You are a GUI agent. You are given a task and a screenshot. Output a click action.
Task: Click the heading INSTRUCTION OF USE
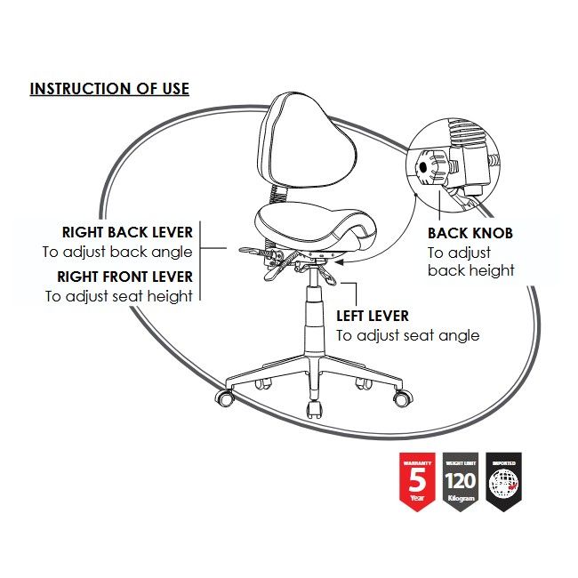click(109, 89)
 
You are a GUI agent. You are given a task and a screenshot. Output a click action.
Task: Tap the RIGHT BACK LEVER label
click(127, 232)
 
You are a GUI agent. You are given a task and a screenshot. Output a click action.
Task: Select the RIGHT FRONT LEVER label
click(124, 276)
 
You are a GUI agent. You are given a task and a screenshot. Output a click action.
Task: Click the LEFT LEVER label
click(373, 316)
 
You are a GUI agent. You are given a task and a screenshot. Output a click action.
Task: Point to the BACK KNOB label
click(470, 233)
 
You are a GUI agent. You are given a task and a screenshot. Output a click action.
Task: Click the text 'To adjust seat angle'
click(407, 335)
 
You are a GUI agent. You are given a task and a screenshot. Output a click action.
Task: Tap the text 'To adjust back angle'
click(117, 252)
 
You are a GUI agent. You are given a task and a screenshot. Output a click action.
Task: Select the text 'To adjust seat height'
click(119, 296)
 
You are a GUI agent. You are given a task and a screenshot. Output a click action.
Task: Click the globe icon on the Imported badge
click(503, 485)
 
